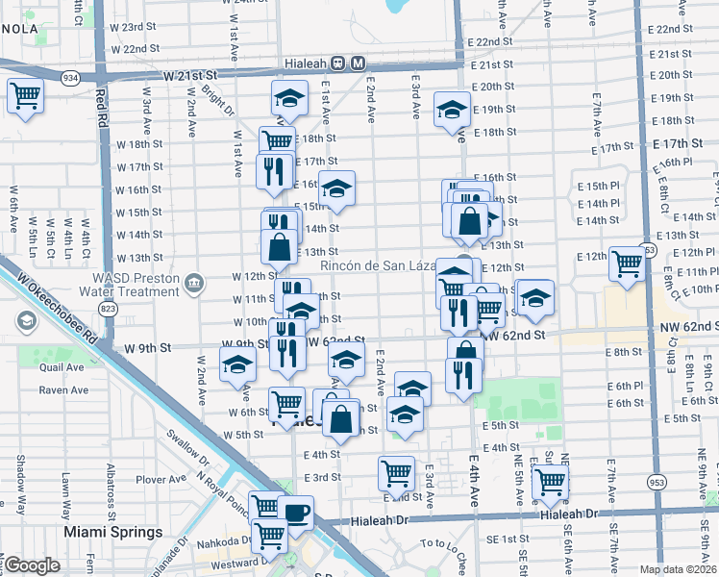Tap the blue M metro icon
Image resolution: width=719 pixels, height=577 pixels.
tap(358, 63)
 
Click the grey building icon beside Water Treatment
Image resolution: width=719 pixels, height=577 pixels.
tap(194, 283)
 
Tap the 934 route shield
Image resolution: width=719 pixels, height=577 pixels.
tap(70, 76)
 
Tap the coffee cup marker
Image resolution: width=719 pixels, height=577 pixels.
tap(296, 511)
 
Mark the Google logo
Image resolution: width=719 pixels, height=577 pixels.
tap(33, 565)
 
